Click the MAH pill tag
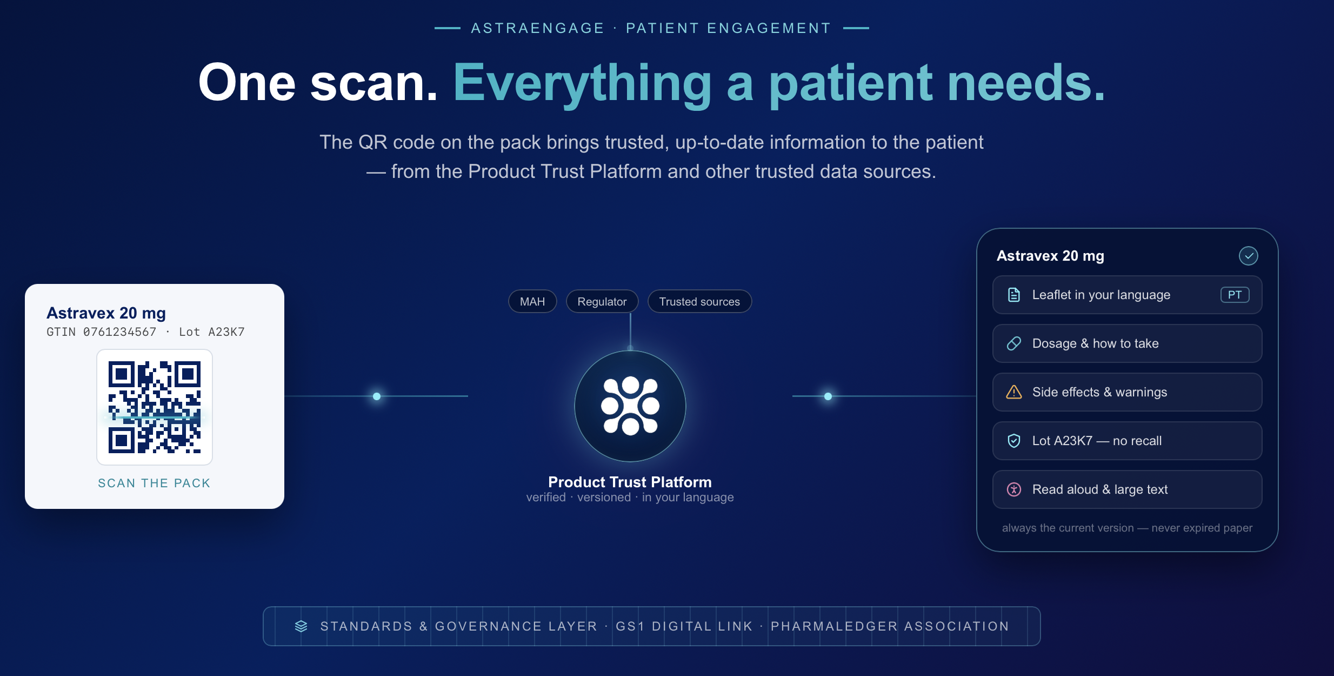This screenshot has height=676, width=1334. coord(532,301)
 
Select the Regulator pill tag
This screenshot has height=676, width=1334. coord(602,301)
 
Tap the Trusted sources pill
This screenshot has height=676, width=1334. coord(699,301)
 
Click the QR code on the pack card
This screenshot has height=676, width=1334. coord(155,407)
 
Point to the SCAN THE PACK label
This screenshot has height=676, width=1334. coord(154,483)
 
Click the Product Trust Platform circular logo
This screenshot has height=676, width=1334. coord(630,406)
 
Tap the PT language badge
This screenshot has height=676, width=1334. coord(1235,295)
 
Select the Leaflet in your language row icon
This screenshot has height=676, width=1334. coord(1014,295)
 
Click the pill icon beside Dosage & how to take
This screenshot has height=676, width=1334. coord(1014,343)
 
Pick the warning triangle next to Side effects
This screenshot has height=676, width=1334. coord(1014,392)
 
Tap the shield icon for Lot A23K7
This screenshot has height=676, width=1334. coord(1014,441)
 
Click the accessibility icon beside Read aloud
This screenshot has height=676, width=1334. coord(1014,489)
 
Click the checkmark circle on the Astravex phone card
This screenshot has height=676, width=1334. coord(1249,256)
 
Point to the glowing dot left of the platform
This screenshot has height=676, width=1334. coord(377,396)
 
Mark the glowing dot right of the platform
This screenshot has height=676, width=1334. coord(828,396)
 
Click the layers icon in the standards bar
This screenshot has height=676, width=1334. coord(301,626)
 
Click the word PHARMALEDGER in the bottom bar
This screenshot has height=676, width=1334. coord(834,626)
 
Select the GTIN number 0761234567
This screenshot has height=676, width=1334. coord(119,332)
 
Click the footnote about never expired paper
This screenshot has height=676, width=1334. coord(1127,528)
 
